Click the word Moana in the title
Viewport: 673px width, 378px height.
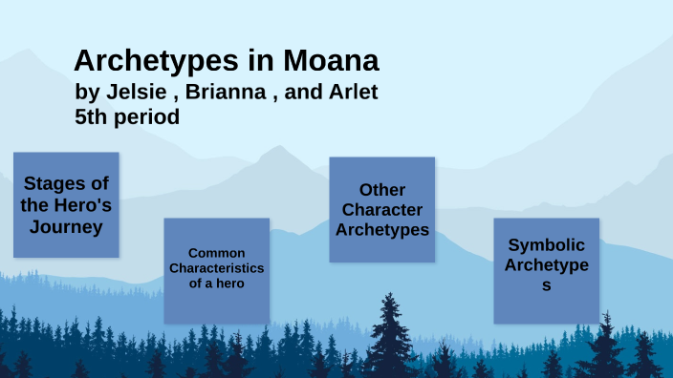pos(332,60)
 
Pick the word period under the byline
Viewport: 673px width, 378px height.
pos(147,117)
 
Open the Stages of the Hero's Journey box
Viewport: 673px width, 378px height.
pos(66,204)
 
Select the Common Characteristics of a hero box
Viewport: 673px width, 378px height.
pos(216,270)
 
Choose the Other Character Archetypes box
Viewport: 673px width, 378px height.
pos(381,209)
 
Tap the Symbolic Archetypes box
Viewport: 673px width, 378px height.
pos(546,270)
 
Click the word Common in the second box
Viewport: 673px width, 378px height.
pos(216,253)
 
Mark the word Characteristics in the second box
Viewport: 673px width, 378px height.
pos(216,268)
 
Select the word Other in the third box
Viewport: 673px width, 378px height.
pos(381,190)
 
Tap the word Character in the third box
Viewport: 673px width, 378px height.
pos(381,209)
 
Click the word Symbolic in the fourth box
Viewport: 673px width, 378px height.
pos(546,244)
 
